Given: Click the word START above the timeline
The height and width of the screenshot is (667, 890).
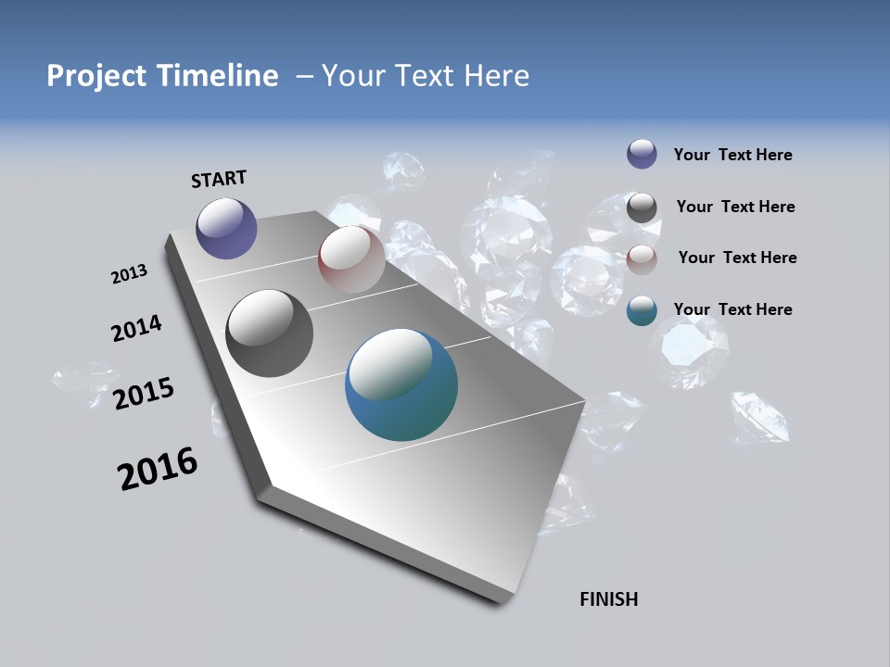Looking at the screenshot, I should coord(219,179).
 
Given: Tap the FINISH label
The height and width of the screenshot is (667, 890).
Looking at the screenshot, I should coord(608,599).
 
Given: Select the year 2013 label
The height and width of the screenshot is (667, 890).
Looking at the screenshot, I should coord(129,274).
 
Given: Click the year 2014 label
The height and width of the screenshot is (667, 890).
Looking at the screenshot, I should coord(136,329).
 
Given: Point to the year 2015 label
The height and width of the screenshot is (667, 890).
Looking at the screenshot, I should coord(143,394).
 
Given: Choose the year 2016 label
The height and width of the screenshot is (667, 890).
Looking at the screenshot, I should coord(158,469).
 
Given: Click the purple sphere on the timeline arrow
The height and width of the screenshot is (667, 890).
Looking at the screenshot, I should coord(226,228).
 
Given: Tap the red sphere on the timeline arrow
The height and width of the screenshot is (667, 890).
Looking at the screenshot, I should coord(351,259).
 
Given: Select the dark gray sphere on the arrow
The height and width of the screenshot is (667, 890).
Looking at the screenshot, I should coord(269,333).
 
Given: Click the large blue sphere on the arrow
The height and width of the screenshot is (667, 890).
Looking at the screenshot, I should coord(400,385).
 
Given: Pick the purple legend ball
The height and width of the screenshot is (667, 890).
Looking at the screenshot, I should coord(642,154).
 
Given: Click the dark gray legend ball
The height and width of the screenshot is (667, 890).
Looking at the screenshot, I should coord(642,208).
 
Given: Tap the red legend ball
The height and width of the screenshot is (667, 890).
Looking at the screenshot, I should coord(642,259).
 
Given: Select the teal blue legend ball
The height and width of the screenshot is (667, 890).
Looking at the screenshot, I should coord(642,310).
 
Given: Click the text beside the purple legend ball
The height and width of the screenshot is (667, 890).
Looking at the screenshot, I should coord(732,155).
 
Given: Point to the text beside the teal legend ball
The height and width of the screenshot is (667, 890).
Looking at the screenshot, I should coord(732,309).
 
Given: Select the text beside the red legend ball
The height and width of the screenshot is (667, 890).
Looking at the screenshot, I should coord(737,258).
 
